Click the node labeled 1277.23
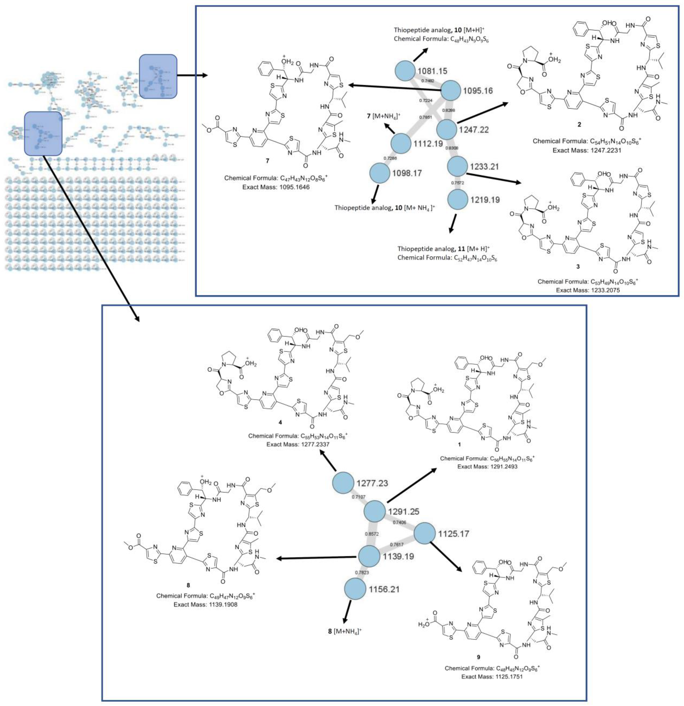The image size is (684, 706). click(343, 483)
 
